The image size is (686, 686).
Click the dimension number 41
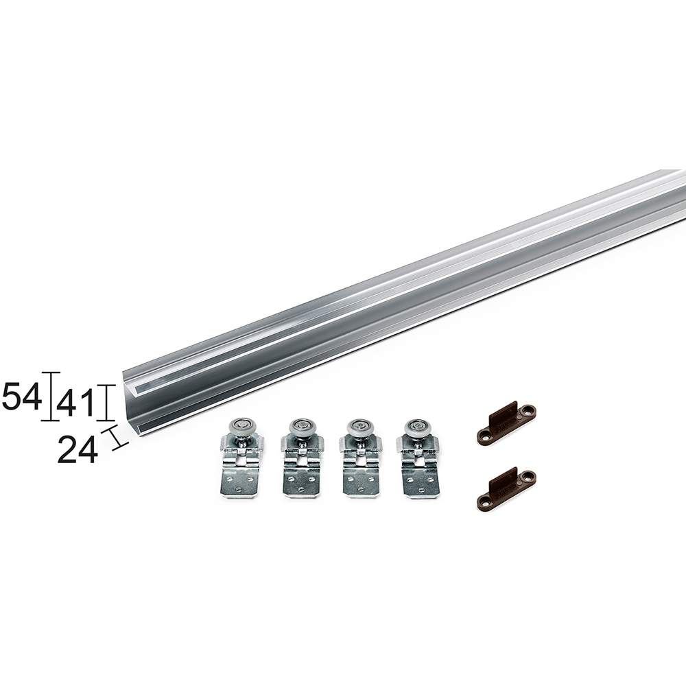click(75, 403)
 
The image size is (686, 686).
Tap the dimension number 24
click(78, 450)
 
